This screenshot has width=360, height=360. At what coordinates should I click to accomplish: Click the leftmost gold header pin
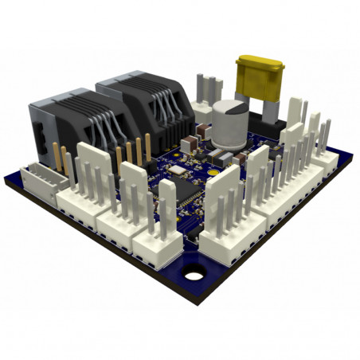click(56, 155)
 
